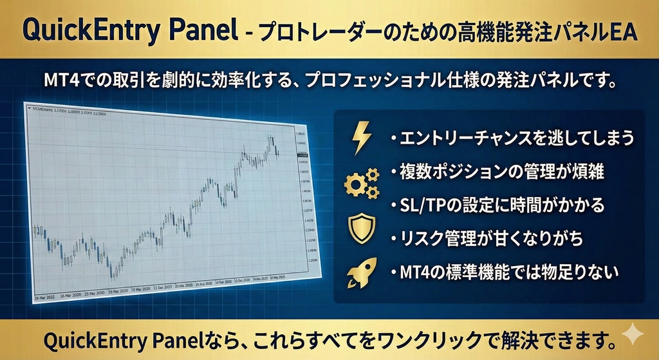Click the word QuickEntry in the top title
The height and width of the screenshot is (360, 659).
[84, 30]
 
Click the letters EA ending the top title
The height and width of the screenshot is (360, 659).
[622, 30]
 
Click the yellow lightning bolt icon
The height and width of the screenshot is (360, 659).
[362, 136]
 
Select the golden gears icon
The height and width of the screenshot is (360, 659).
[362, 182]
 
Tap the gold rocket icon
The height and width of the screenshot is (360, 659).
[360, 273]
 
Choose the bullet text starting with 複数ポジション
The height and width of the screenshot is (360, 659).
[502, 172]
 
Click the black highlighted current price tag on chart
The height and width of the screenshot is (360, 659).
[302, 155]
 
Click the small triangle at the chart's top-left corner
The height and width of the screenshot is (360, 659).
[28, 108]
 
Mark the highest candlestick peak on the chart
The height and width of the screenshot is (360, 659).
[271, 136]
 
